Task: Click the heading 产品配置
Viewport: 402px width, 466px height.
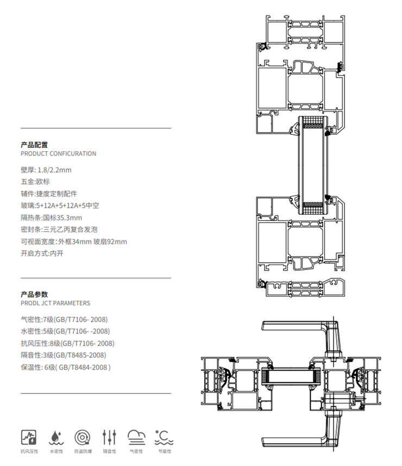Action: pos(34,145)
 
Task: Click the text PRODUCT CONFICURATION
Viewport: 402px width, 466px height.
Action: pos(59,154)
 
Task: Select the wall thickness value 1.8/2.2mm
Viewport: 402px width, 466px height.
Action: pos(54,170)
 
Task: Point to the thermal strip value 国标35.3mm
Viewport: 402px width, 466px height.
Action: pos(62,218)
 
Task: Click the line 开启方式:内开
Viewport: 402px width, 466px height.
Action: pos(42,253)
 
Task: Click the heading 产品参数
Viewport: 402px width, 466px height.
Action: pos(34,295)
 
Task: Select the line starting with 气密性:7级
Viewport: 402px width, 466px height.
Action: pos(64,320)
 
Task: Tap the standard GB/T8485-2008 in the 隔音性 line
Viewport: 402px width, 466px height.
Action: pos(80,355)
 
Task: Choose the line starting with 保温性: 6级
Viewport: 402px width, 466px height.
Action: pos(66,368)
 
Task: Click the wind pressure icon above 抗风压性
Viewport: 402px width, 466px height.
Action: pos(29,438)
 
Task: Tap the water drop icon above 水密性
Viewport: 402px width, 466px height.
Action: pos(56,438)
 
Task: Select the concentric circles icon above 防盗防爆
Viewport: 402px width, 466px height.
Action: pos(82,438)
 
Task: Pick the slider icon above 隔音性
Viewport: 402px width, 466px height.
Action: pos(109,438)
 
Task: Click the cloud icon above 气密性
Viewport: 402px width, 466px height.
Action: pos(136,438)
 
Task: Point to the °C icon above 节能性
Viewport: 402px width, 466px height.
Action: pos(164,438)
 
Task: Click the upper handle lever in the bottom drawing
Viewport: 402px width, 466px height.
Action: pos(300,326)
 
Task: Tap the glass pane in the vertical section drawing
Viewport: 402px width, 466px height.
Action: pos(313,165)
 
